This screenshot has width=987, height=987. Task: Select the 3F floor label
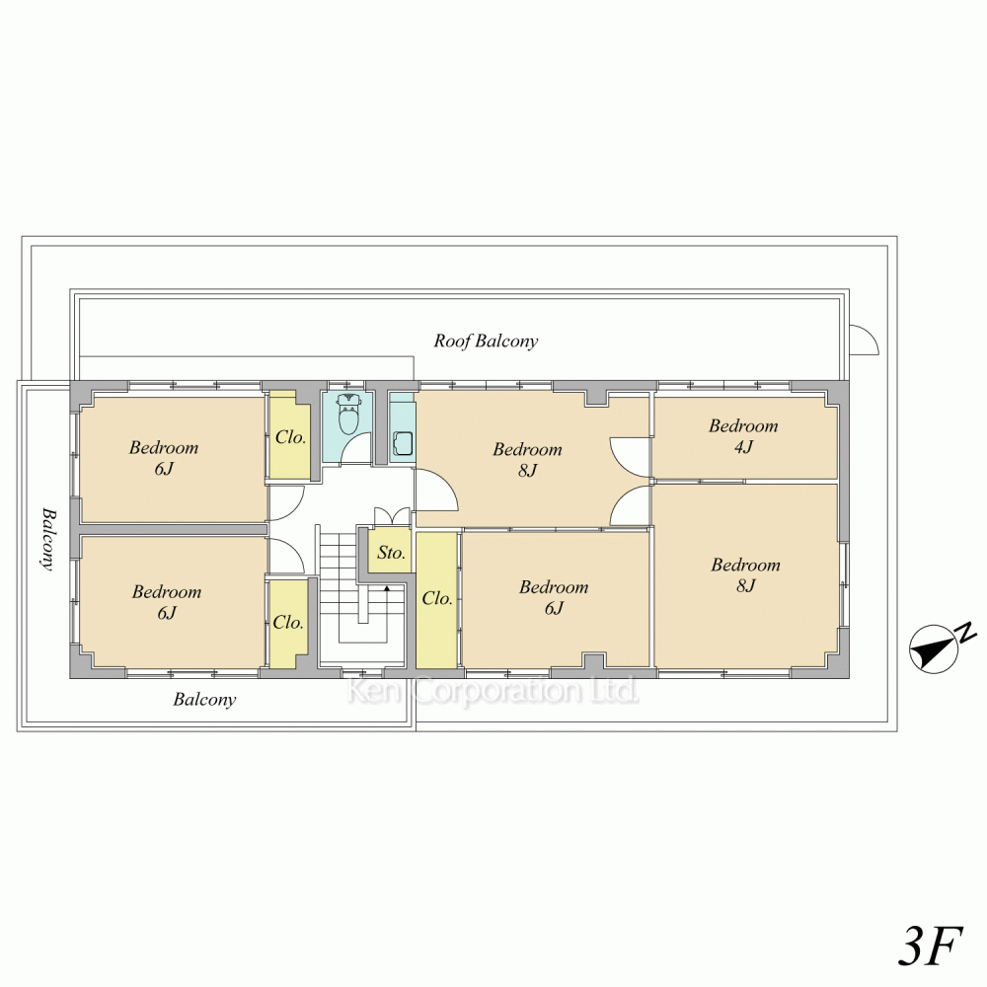click(x=930, y=946)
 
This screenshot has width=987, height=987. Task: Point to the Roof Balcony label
click(x=486, y=341)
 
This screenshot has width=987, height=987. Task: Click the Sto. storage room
click(x=390, y=552)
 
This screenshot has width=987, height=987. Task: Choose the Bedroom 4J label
click(x=743, y=435)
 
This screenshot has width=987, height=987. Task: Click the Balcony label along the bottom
click(x=204, y=700)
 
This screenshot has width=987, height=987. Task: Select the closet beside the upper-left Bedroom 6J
click(x=290, y=435)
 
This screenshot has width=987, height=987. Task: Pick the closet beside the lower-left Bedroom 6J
click(x=289, y=623)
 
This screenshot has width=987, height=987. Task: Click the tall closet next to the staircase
click(x=436, y=600)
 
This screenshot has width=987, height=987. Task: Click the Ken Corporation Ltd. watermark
click(x=493, y=691)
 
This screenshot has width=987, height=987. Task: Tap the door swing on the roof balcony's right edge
click(x=865, y=340)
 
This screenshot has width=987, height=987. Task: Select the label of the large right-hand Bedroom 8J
click(x=746, y=574)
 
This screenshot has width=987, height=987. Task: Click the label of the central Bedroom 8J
click(x=527, y=460)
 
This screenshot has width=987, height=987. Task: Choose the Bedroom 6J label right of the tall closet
click(x=554, y=597)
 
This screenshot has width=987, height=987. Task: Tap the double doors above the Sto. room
click(x=393, y=516)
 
